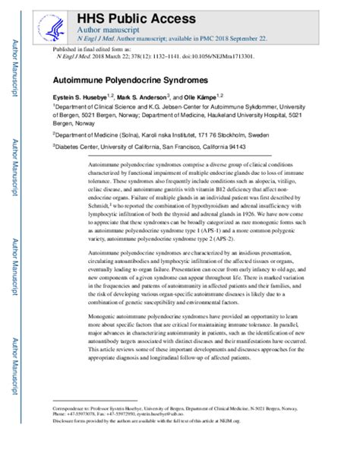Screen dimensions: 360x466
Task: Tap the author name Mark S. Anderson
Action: click(171, 96)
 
